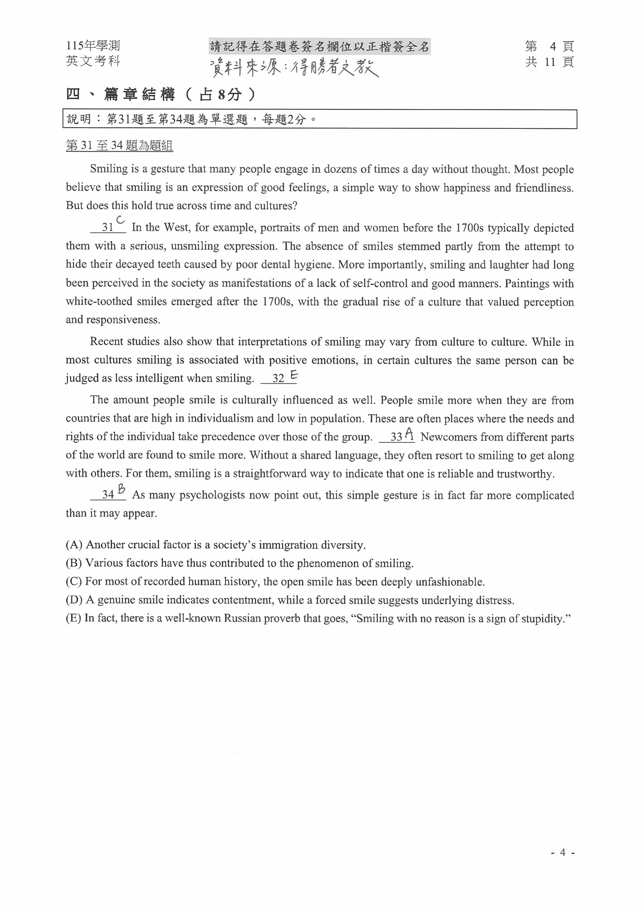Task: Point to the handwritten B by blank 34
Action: point(122,490)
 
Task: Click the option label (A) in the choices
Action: point(74,545)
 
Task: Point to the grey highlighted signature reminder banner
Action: point(319,47)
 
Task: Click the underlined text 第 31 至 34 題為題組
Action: point(119,146)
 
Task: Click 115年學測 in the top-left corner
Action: point(93,46)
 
